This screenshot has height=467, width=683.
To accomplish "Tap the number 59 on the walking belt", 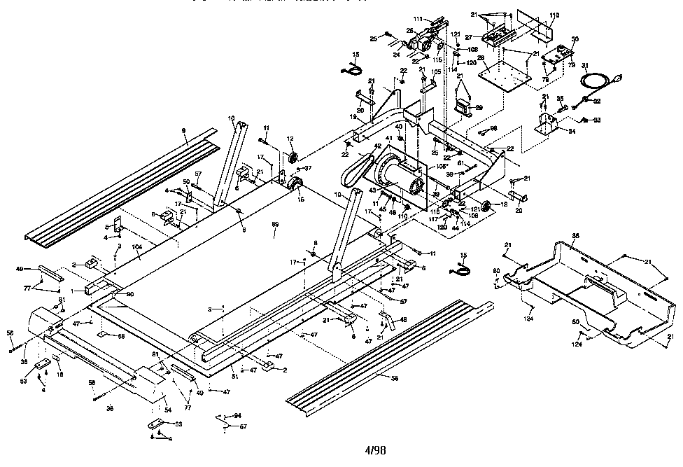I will coord(275,225).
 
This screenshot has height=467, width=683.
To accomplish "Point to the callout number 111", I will coord(418,18).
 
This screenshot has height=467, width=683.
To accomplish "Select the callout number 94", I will coord(238,415).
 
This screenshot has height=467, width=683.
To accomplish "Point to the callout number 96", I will coord(493,128).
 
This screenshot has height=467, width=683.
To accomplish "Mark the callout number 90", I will coord(129,294).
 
